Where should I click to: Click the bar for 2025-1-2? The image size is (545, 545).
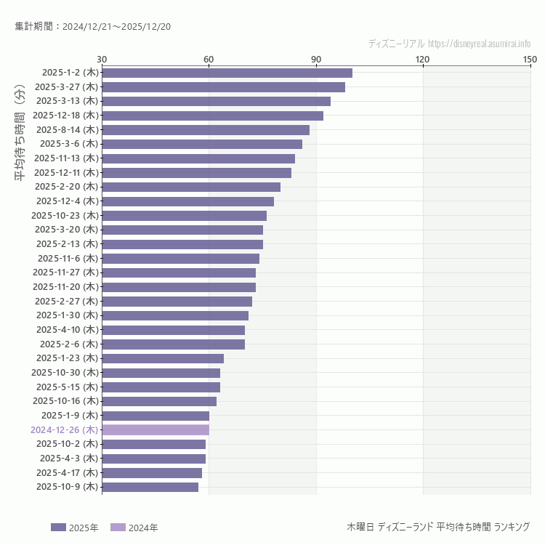[x=227, y=73]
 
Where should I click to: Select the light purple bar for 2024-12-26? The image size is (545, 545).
[x=156, y=429]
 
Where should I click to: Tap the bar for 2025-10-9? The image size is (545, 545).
[x=150, y=487]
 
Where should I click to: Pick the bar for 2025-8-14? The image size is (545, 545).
[x=206, y=130]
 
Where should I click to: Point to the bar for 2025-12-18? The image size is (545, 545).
[x=212, y=116]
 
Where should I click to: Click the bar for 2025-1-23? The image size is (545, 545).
[x=163, y=358]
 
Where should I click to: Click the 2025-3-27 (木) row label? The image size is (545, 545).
[x=66, y=86]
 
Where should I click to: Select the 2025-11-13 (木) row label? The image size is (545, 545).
[x=65, y=158]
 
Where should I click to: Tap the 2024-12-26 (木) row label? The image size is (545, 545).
[x=64, y=429]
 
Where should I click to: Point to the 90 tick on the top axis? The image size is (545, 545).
[x=316, y=59]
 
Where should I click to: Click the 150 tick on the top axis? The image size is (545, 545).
[x=530, y=59]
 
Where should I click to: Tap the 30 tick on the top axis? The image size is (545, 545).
[x=102, y=59]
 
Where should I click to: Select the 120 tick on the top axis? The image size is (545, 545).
[x=422, y=59]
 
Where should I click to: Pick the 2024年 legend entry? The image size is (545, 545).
[x=134, y=528]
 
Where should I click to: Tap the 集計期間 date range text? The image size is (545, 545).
[x=92, y=27]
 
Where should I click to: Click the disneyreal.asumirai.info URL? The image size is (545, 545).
[x=479, y=44]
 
